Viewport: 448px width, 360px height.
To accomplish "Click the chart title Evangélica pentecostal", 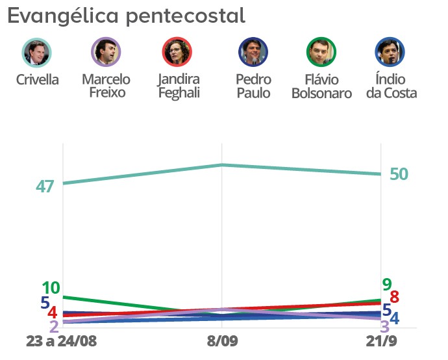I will tap(127, 16).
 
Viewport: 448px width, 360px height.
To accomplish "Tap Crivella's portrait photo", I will tap(36, 53).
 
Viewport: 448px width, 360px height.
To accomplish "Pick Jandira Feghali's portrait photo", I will tap(177, 53).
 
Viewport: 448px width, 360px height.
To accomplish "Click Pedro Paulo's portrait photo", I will tap(253, 53).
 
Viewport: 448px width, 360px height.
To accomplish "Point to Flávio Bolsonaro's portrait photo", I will tap(321, 53).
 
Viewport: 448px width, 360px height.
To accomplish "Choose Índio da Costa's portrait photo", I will tap(390, 53).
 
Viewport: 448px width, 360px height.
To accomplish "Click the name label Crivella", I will tap(37, 80).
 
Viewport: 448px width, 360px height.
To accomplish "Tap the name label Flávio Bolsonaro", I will tap(321, 86).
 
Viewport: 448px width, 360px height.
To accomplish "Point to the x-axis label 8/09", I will tap(222, 341).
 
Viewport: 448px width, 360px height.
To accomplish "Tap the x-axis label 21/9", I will tap(382, 341).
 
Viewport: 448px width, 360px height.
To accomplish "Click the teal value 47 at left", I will tap(45, 186).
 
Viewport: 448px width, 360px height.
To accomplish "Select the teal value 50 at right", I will tap(399, 174).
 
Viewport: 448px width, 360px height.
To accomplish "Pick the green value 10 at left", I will tap(51, 288).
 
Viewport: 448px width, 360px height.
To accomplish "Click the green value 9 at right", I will tap(387, 284).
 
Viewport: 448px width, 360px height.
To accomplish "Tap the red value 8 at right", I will tap(393, 298).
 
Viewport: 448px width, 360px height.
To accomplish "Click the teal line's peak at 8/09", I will tap(222, 165).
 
